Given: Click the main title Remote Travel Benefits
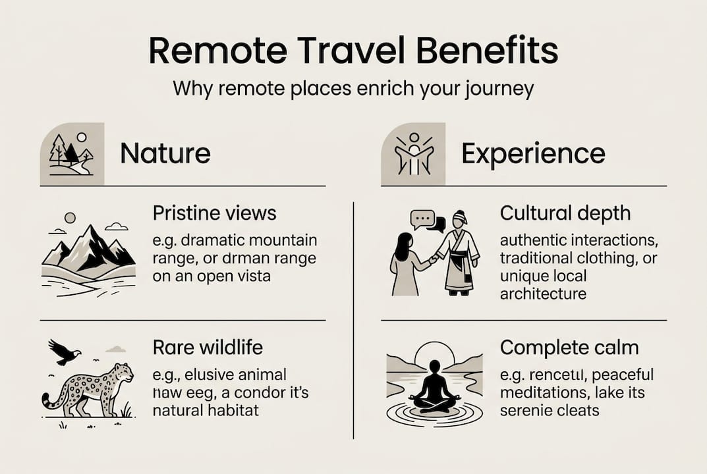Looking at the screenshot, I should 353,51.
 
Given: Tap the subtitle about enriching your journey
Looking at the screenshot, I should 353,89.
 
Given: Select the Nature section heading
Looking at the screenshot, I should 165,153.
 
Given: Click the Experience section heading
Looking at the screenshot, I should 533,153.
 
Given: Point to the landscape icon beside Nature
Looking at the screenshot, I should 72,154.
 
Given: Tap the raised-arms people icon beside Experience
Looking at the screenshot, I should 413,154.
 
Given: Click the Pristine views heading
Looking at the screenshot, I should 214,213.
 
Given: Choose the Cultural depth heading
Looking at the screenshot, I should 565,213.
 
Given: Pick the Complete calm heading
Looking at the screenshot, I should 569,346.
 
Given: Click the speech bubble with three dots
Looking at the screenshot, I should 422,218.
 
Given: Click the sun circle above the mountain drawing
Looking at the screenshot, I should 70,217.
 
